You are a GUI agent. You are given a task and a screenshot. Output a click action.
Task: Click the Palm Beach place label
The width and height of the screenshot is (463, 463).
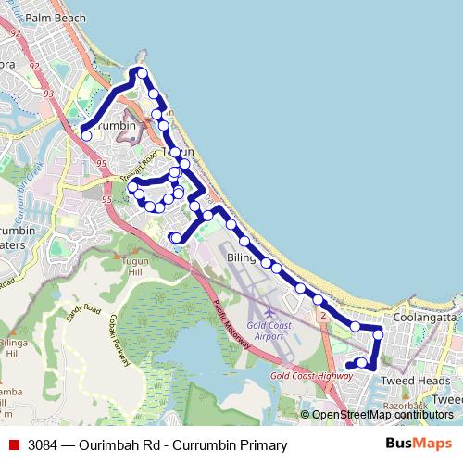(x=56, y=18)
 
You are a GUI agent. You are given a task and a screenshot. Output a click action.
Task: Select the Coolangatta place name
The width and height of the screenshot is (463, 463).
(x=425, y=317)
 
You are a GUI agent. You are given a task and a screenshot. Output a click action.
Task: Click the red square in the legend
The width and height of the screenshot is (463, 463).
(x=14, y=445)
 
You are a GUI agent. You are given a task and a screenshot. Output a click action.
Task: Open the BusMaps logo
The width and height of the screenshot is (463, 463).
(x=418, y=444)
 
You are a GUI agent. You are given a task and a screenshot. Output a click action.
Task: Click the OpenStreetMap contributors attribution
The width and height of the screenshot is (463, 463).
(x=382, y=415)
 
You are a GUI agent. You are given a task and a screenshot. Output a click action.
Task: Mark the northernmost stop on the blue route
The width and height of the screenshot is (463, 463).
(x=142, y=73)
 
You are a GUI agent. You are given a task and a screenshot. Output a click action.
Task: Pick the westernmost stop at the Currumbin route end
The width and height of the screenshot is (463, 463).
(x=86, y=135)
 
